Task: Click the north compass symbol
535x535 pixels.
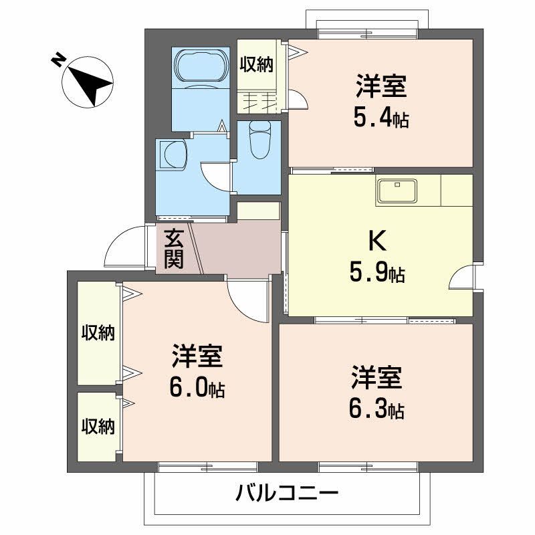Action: click(x=88, y=84)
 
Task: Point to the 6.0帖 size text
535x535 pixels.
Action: click(x=197, y=389)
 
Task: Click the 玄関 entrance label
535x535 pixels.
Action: click(x=173, y=248)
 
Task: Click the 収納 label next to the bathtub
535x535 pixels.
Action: click(x=257, y=64)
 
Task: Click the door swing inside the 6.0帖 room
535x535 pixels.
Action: click(x=247, y=298)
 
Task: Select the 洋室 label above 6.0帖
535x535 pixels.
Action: click(x=197, y=357)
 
